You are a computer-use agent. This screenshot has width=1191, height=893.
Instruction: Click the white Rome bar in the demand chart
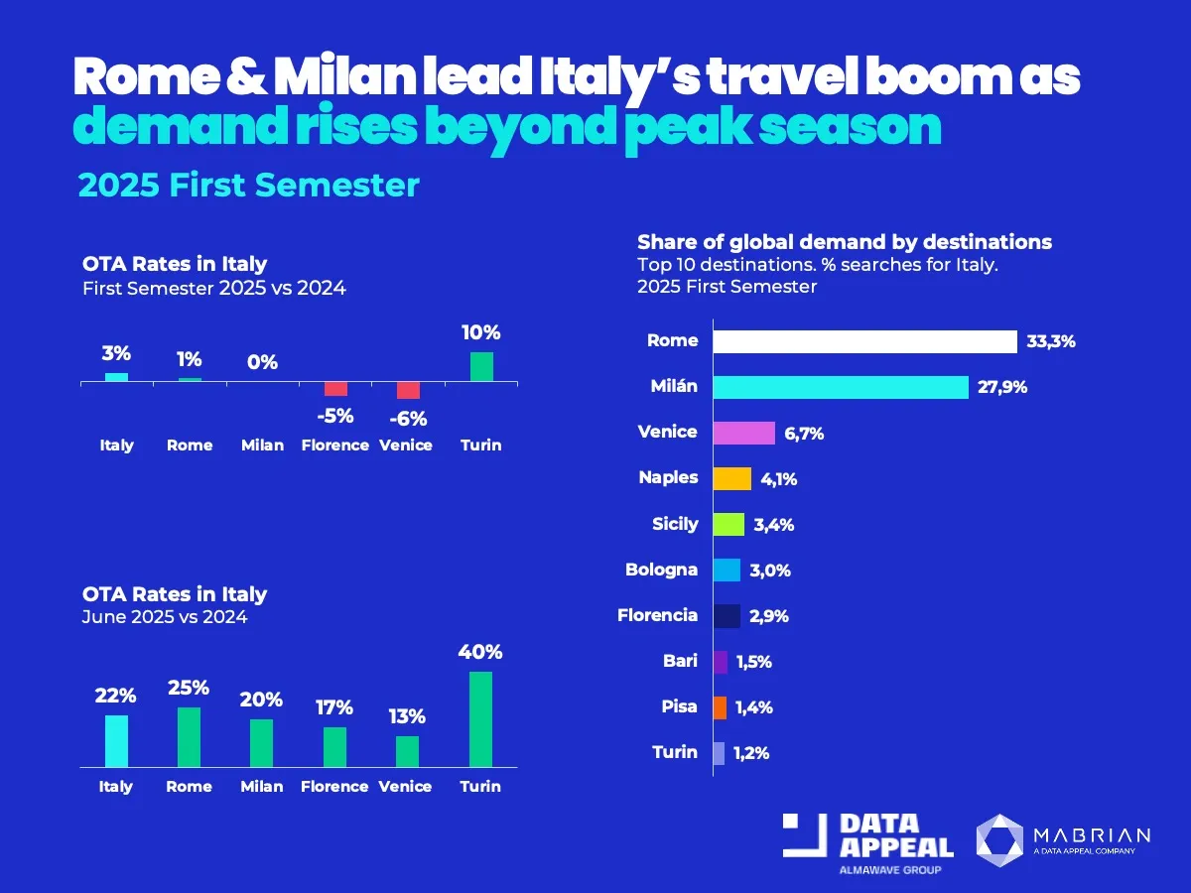click(x=864, y=341)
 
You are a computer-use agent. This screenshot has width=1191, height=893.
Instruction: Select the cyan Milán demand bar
click(x=841, y=387)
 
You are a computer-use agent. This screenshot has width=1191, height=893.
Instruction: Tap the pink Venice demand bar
click(x=744, y=433)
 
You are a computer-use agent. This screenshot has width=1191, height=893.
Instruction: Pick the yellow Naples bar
click(x=732, y=478)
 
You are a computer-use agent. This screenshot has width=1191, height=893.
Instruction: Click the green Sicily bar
click(x=728, y=524)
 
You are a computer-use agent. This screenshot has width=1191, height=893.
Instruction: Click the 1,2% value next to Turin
click(x=751, y=753)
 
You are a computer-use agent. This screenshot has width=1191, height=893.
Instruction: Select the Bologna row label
click(x=661, y=570)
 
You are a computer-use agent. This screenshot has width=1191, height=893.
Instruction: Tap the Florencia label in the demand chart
click(x=657, y=615)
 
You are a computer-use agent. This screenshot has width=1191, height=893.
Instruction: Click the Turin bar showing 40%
click(x=480, y=719)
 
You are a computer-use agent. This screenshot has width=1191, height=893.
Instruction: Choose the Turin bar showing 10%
click(x=481, y=367)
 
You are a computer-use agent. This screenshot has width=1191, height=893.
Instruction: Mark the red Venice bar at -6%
click(x=408, y=390)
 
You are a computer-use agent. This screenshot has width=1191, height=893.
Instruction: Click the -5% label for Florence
click(x=335, y=414)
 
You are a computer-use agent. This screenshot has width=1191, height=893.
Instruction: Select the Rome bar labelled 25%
click(x=189, y=737)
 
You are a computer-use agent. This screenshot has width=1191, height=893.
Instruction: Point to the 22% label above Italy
click(x=116, y=698)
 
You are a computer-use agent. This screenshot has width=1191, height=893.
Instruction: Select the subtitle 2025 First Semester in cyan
click(x=248, y=186)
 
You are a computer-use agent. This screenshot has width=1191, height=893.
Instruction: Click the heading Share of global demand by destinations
click(x=844, y=242)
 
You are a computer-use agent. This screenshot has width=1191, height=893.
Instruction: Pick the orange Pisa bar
click(x=720, y=707)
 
